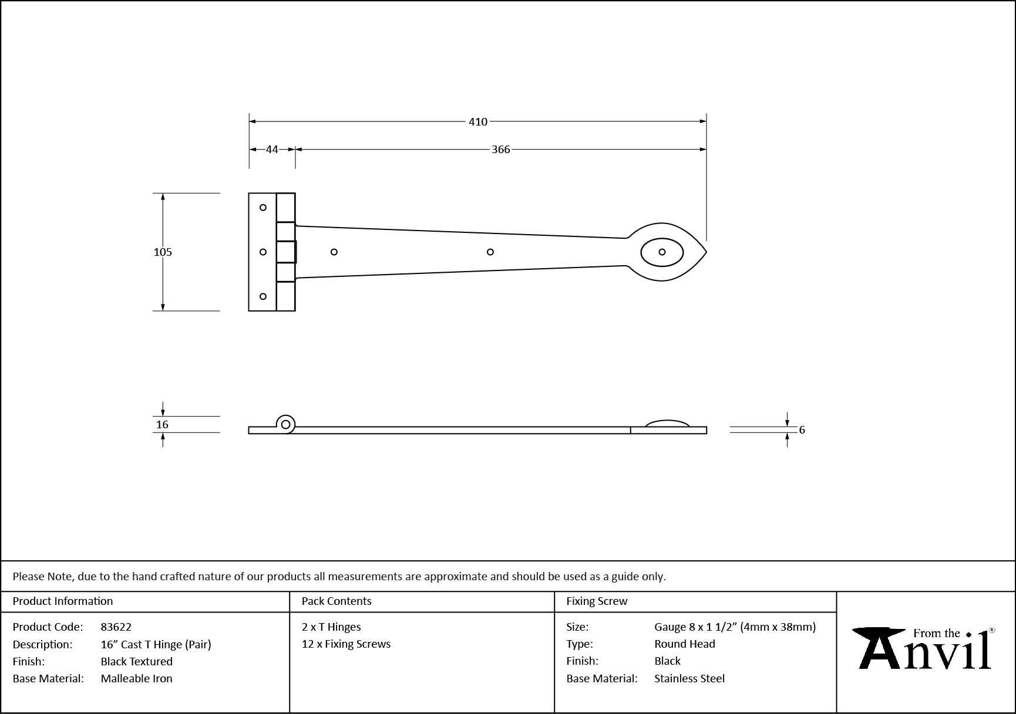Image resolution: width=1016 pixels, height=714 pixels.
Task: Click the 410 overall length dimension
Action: [478, 121]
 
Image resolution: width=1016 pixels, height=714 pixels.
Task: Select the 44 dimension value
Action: [272, 149]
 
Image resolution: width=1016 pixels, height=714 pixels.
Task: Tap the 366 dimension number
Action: [501, 149]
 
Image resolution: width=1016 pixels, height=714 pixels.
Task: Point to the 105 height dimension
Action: [163, 252]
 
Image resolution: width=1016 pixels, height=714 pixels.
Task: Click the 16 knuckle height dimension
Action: [163, 424]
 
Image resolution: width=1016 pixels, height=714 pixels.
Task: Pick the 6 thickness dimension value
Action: [802, 430]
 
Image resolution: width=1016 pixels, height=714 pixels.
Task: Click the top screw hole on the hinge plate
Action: [263, 207]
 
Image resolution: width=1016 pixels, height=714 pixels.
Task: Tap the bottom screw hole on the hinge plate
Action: [263, 296]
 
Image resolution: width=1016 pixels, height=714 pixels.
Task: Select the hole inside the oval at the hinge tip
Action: [662, 252]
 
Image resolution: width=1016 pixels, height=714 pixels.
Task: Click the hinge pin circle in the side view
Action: [286, 424]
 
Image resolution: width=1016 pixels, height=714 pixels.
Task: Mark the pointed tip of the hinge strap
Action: [707, 252]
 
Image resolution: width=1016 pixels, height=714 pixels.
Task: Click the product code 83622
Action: [116, 627]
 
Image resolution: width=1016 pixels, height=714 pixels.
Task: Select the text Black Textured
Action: [137, 661]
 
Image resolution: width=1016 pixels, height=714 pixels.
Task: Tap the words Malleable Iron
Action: [137, 678]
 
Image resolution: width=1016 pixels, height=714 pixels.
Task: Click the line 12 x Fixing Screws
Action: [346, 644]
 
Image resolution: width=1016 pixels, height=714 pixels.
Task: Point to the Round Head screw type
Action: [685, 644]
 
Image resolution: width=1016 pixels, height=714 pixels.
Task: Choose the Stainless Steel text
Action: [689, 678]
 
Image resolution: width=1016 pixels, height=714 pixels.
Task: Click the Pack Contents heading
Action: [337, 601]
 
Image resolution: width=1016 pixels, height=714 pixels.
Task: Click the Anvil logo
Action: [924, 648]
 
